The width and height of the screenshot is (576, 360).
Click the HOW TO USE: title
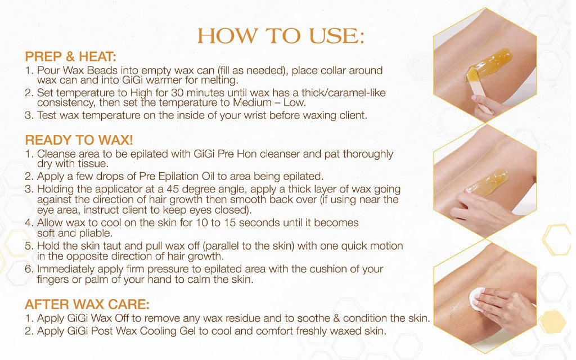281,36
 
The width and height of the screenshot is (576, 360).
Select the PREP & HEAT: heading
70,57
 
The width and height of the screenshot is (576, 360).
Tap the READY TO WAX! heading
79,140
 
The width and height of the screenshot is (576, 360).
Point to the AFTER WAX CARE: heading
87,304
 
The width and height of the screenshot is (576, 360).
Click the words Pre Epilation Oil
177,176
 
